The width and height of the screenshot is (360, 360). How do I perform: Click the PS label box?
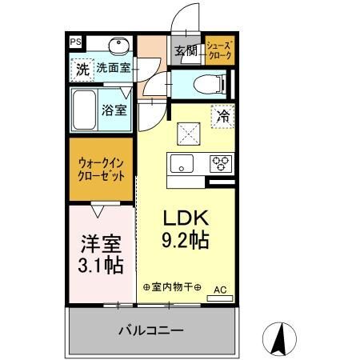click(75, 42)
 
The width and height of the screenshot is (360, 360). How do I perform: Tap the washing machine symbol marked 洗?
click(82, 70)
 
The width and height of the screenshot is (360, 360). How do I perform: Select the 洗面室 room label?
click(113, 70)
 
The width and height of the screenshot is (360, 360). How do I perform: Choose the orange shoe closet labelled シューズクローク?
click(219, 50)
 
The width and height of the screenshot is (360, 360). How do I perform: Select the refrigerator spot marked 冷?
click(224, 115)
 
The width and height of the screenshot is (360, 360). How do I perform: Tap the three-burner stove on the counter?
click(220, 165)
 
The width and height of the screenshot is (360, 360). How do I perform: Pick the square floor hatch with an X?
click(187, 129)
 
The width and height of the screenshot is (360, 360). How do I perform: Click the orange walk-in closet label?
click(101, 170)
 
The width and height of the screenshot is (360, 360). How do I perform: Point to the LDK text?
click(186, 217)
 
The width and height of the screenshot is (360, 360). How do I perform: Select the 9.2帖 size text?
click(186, 238)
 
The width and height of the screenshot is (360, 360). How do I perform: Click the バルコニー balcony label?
click(152, 330)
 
